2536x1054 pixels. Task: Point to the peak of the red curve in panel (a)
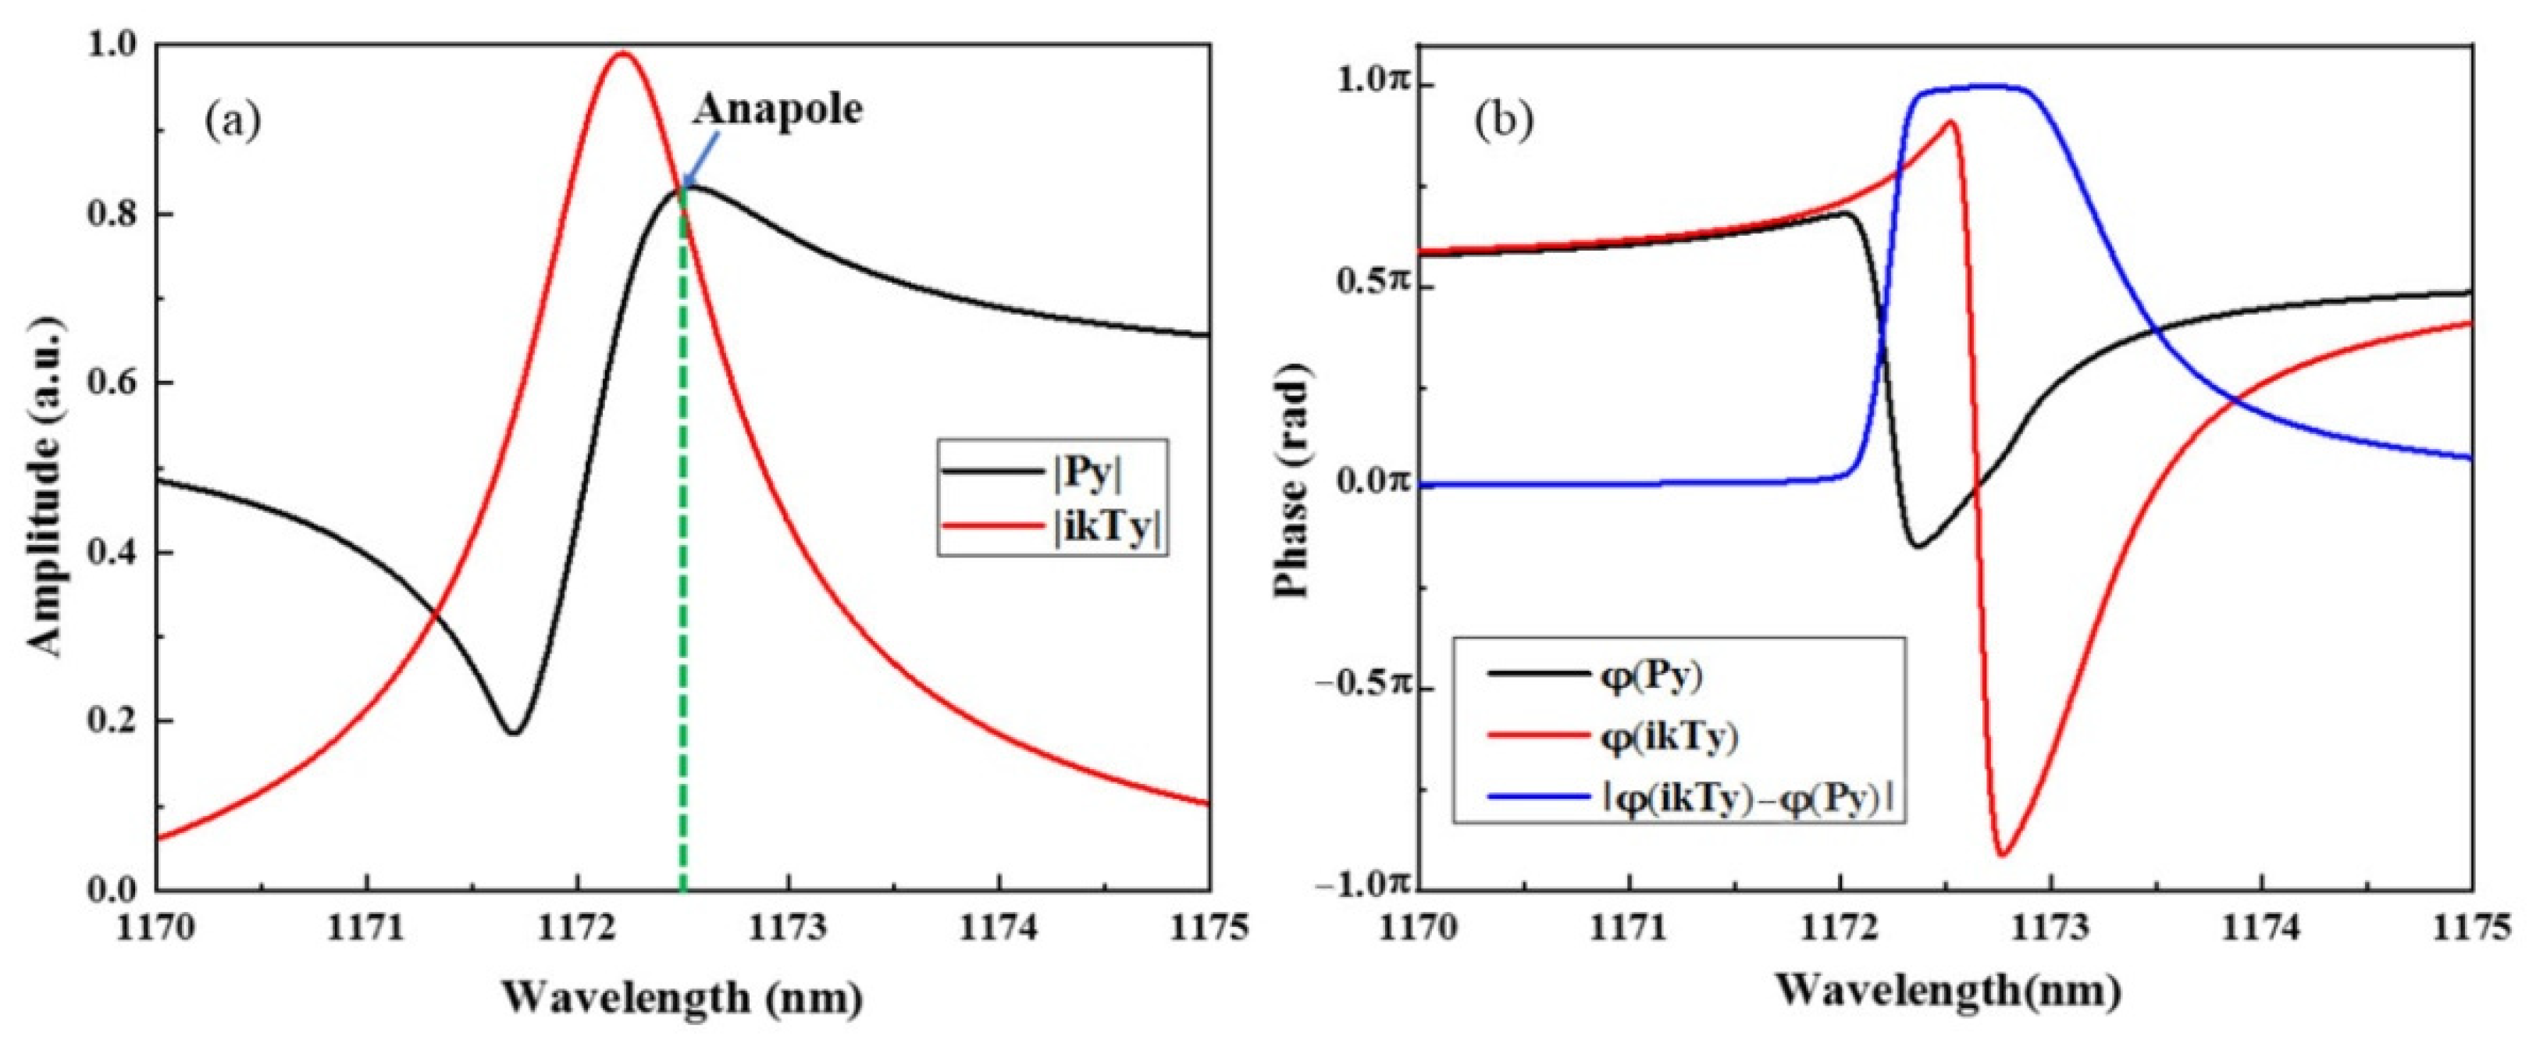(622, 54)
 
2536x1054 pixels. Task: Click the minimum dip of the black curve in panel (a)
(513, 732)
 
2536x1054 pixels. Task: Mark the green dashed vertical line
(684, 590)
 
